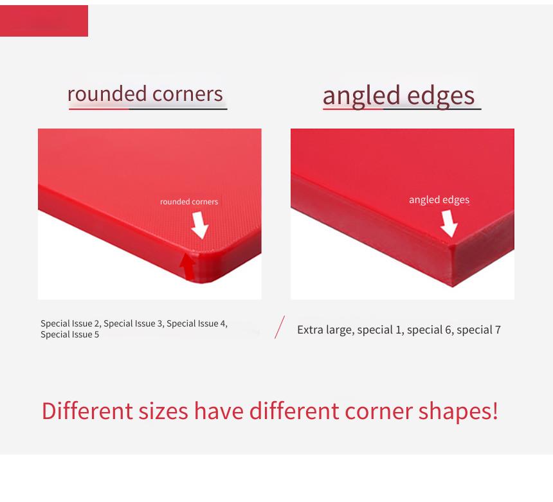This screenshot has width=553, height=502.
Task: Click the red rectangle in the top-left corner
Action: [x=44, y=21]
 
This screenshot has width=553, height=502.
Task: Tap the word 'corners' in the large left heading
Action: [x=188, y=94]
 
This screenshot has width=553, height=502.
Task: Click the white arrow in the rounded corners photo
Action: [x=200, y=225]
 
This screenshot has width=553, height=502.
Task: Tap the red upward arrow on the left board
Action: [x=188, y=267]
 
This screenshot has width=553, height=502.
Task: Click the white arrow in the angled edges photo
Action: [x=449, y=224]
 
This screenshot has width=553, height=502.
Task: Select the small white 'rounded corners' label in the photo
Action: [x=189, y=202]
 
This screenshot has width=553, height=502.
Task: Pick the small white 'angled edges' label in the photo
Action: [x=439, y=200]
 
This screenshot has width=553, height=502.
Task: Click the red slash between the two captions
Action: [x=280, y=327]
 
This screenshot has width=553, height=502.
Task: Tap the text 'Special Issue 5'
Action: [x=70, y=334]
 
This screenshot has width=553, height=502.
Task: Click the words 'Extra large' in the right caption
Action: [x=325, y=330]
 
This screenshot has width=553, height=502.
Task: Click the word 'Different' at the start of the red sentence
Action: [x=87, y=411]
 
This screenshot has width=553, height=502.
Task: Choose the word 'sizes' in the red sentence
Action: [x=163, y=411]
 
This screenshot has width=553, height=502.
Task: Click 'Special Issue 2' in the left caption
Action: [x=70, y=323]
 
